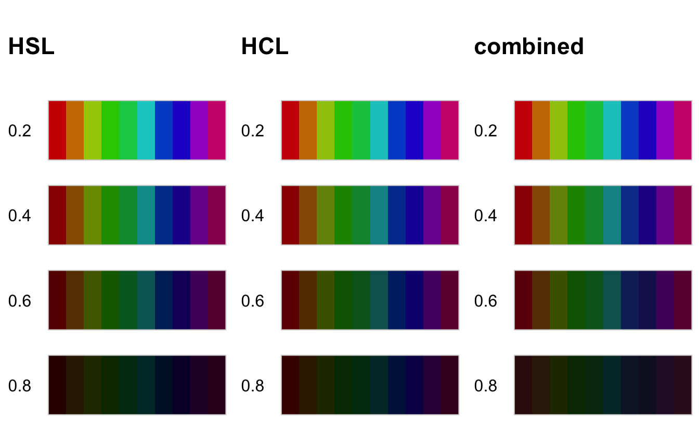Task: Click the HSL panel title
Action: (31, 47)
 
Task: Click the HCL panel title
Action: (264, 47)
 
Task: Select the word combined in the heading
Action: (529, 47)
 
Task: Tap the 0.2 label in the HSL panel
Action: (20, 131)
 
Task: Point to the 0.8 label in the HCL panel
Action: (253, 386)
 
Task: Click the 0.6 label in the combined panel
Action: (486, 301)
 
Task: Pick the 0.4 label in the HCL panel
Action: (253, 215)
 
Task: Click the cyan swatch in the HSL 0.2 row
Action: (146, 130)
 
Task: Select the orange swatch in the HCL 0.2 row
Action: (308, 130)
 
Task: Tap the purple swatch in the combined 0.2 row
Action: (665, 130)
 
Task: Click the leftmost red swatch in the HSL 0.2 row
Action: (57, 130)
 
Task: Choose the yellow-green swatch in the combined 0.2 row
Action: (559, 130)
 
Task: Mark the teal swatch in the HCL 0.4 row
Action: (379, 215)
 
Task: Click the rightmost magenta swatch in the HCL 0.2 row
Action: (450, 130)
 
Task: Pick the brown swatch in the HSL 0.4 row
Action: (75, 215)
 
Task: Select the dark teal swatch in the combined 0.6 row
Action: (612, 300)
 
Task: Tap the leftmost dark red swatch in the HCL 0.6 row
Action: (290, 300)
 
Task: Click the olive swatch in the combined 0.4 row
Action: (559, 215)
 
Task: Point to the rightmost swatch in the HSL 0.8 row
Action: (217, 385)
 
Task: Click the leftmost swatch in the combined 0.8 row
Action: (523, 385)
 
